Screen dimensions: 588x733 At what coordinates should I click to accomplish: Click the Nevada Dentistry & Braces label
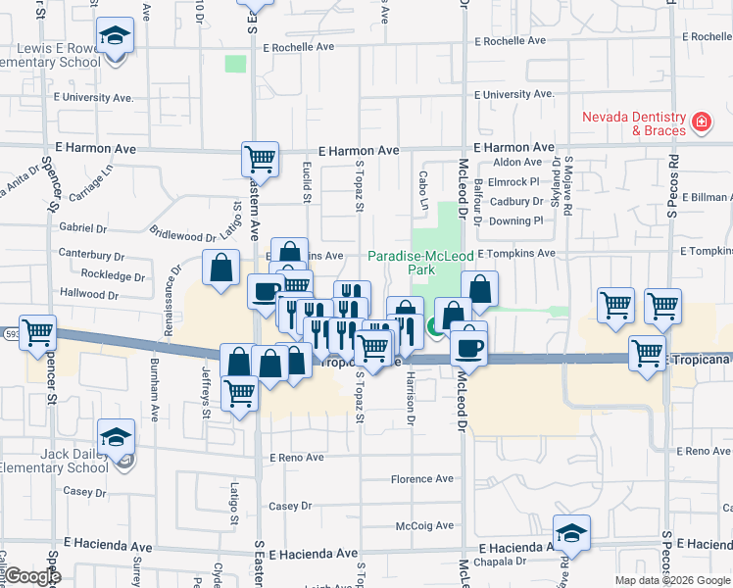tap(634, 122)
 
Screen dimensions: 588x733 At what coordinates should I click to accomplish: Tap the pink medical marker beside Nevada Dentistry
tap(701, 122)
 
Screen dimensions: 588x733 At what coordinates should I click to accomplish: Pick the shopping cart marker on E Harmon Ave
tap(260, 158)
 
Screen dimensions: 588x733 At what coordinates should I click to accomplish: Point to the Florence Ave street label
tap(422, 479)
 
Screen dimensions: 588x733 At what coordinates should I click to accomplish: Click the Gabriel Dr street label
tap(82, 227)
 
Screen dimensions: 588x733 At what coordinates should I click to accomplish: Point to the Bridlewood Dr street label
tap(183, 236)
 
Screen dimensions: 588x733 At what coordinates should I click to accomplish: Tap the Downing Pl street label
tap(516, 220)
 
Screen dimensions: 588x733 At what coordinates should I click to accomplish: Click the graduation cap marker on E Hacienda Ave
tap(571, 532)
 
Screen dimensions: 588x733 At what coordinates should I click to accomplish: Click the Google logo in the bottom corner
tap(32, 576)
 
